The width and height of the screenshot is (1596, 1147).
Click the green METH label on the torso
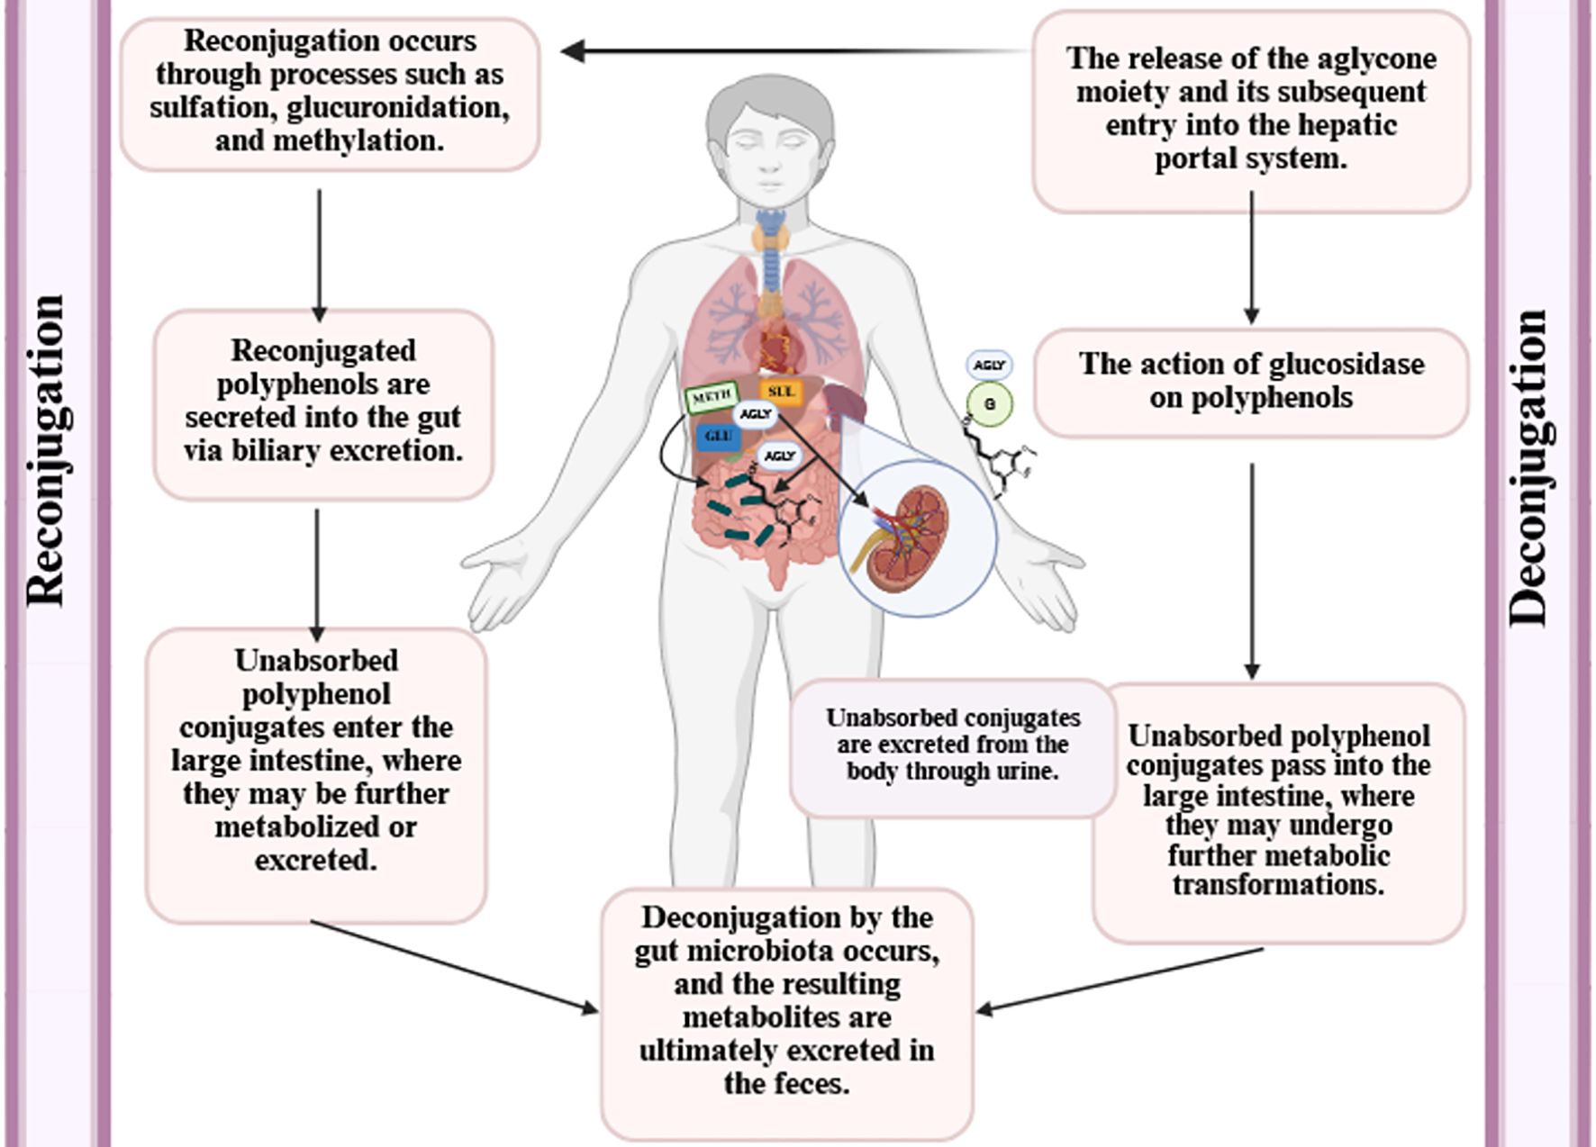click(x=712, y=397)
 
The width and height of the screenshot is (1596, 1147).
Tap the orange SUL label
click(x=780, y=392)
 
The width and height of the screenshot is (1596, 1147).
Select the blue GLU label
click(x=718, y=437)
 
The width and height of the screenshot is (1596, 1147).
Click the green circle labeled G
click(x=989, y=404)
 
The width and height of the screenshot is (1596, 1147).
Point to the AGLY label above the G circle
click(x=989, y=365)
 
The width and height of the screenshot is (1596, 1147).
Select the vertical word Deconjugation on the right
click(x=1529, y=468)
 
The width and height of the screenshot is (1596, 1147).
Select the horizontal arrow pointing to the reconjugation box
click(x=793, y=51)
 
